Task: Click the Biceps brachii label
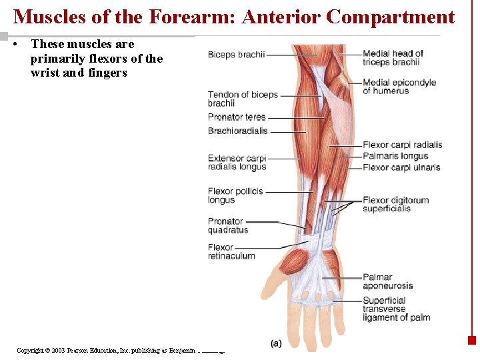tap(236, 55)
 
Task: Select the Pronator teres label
tap(237, 117)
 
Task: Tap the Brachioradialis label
tap(237, 131)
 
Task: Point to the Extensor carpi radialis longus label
tap(237, 163)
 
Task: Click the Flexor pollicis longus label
tap(235, 195)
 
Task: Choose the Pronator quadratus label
tap(227, 225)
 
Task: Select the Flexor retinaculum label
tap(231, 251)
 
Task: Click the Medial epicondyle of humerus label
tap(399, 87)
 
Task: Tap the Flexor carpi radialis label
tap(402, 145)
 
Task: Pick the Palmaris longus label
tap(395, 156)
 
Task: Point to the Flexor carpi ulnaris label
tap(401, 167)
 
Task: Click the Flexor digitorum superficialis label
tap(395, 204)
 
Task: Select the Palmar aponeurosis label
tap(387, 281)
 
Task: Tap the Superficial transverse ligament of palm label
tap(396, 309)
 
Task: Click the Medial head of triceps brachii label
tap(393, 58)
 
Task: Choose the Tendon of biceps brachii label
tap(243, 99)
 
